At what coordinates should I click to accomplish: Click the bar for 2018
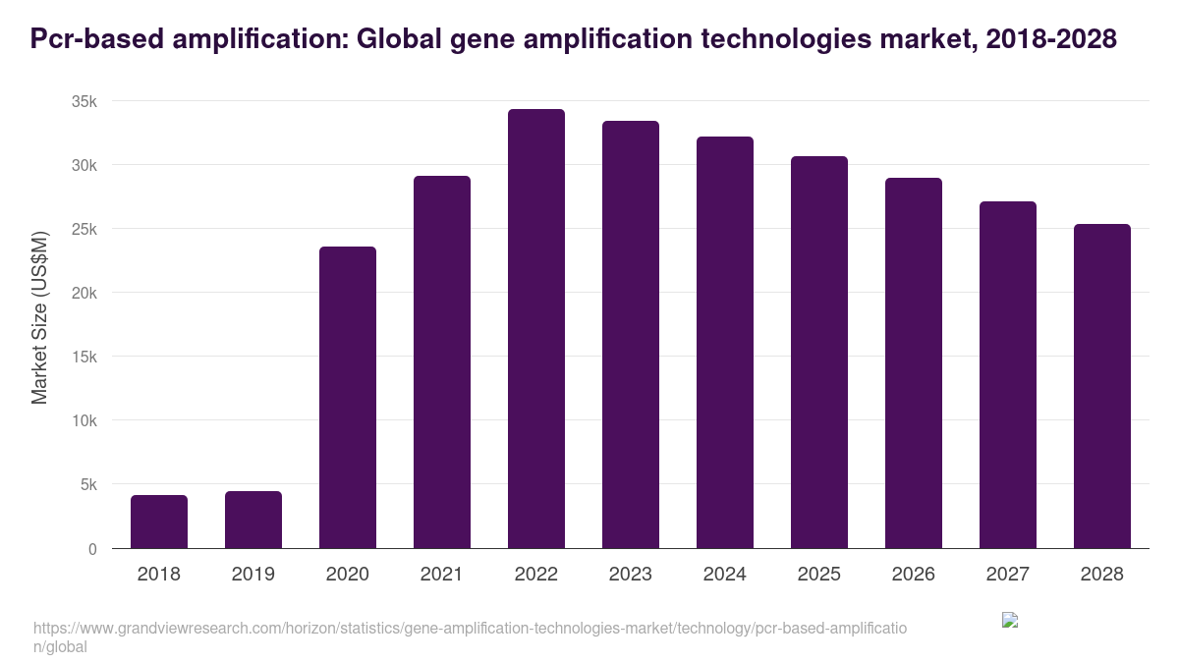(x=159, y=522)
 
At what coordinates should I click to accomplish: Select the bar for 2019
(x=253, y=520)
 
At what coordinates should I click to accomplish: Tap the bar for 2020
(x=348, y=398)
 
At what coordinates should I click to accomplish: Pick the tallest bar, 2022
(x=536, y=329)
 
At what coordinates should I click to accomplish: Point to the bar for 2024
(x=725, y=343)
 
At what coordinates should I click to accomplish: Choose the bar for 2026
(x=914, y=363)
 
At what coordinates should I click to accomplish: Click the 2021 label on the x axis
(x=442, y=575)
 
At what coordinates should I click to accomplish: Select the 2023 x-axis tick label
(x=631, y=575)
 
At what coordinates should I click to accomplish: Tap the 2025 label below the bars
(x=819, y=575)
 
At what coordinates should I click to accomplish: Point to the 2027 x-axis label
(x=1008, y=575)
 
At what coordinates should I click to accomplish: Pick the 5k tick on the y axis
(x=88, y=484)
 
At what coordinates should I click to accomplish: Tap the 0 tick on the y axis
(x=92, y=549)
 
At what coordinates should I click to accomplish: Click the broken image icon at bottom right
(x=1010, y=620)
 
